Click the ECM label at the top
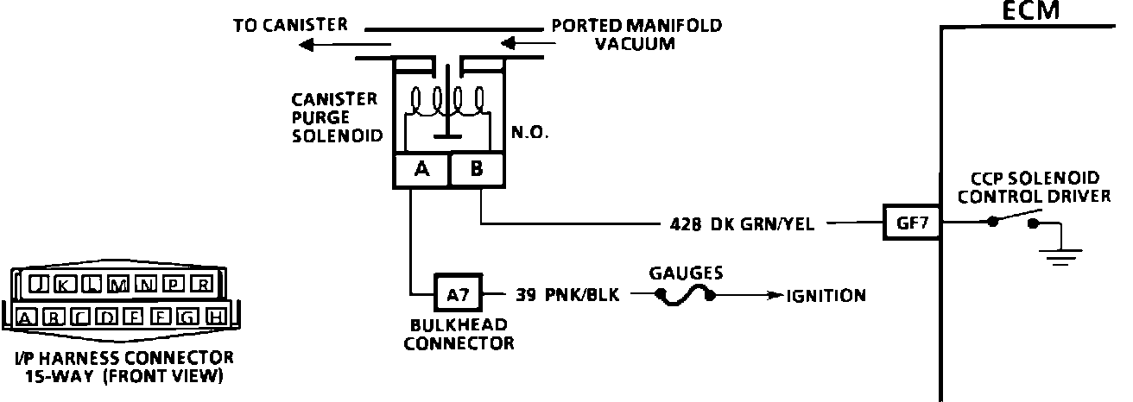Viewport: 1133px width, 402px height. click(x=1030, y=10)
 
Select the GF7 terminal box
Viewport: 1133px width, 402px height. click(x=912, y=223)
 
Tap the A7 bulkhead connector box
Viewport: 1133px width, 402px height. click(x=459, y=293)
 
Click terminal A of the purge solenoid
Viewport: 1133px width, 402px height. click(x=421, y=169)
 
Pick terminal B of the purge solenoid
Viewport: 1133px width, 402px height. click(x=477, y=169)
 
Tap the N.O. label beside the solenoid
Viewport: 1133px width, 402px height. click(x=529, y=132)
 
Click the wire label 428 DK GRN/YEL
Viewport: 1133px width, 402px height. click(x=742, y=223)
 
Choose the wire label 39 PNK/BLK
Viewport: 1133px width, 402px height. click(x=567, y=295)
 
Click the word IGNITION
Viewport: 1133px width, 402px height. click(x=826, y=295)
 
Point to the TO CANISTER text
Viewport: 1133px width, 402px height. click(x=290, y=25)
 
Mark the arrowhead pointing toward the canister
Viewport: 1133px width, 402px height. click(x=307, y=46)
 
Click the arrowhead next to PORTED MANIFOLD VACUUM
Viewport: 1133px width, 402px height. click(x=508, y=43)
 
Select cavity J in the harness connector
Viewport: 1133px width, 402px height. click(x=37, y=285)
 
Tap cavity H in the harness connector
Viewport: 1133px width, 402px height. click(x=216, y=317)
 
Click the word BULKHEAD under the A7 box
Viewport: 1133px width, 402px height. click(x=459, y=324)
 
